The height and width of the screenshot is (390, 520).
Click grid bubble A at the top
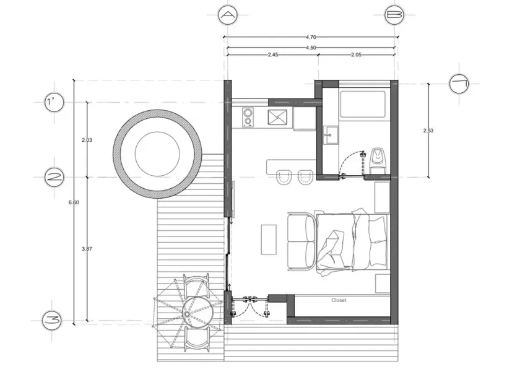pos(228,15)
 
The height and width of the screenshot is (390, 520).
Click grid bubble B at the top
pos(394,15)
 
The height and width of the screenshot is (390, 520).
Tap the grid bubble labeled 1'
pos(54,102)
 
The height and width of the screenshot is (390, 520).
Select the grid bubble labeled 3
pos(52,321)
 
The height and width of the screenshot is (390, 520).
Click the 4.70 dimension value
pos(310,38)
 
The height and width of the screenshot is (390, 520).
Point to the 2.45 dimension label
pos(273,54)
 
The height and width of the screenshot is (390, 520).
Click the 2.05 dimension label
pos(356,54)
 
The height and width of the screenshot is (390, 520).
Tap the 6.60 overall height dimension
pos(74,202)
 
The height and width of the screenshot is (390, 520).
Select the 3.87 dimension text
pos(87,249)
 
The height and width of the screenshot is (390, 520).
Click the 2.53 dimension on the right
pos(428,131)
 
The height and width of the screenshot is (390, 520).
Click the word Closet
pos(339,300)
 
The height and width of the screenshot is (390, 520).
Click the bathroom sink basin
pos(331,136)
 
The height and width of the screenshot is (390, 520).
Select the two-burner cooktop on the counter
pos(248,117)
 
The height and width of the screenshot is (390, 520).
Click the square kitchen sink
pos(277,118)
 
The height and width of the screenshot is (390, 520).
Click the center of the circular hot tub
pos(157,154)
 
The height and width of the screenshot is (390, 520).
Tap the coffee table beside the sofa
pos(269,240)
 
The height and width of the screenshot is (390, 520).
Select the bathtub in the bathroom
pos(363,104)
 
